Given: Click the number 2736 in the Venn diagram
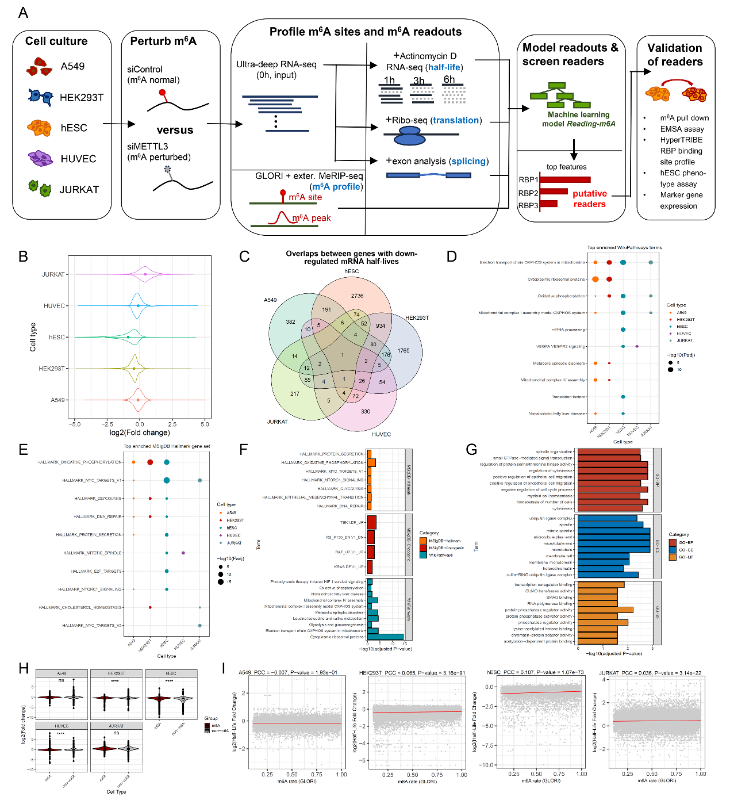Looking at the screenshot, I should coord(357,296).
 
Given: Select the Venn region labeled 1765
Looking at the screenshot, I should coord(404,350).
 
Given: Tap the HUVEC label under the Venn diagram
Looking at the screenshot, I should coord(381,434).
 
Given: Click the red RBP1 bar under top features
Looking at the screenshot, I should coord(564,179).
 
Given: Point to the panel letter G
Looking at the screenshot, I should coord(471,450).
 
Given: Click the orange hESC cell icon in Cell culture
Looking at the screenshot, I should coord(39,127).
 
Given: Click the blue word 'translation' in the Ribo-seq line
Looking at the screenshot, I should coord(456,120).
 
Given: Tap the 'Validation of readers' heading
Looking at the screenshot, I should coord(675,55).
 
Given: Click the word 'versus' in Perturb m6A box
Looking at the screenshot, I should coord(175,130).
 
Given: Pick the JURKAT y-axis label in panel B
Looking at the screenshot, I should coord(53,274).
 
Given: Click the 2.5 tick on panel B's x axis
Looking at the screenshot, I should coord(172,424).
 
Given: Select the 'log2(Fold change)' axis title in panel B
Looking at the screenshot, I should coord(140,432).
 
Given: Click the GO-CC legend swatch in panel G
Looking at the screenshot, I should coord(673,550).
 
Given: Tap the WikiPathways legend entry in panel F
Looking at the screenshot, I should coord(424,555).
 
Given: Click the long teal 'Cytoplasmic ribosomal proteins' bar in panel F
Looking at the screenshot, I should coord(386,637).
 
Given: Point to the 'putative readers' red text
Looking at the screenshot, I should coord(589,198).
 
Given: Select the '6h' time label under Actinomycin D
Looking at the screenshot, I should coord(449,79).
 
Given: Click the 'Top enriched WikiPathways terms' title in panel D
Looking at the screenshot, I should coord(624,248).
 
